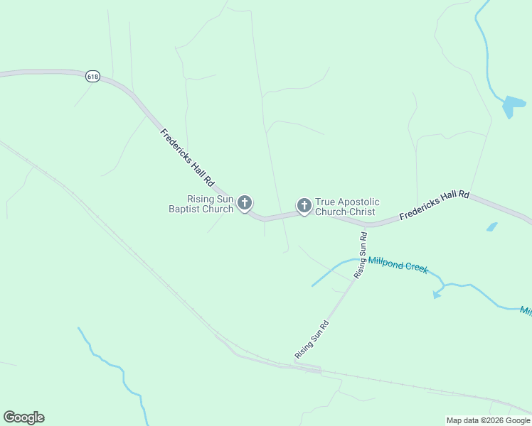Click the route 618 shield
92,76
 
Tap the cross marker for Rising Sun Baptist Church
244,204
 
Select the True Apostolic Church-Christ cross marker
304,206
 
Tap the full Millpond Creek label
398,265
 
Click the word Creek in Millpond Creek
416,267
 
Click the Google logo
23,417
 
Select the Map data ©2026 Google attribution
489,420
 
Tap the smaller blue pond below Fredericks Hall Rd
491,227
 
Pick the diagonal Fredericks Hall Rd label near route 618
187,158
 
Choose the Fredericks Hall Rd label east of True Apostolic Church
435,204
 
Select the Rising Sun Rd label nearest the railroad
312,339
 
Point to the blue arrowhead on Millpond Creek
436,294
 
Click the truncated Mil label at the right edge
526,310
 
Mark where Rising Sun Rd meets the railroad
297,364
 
